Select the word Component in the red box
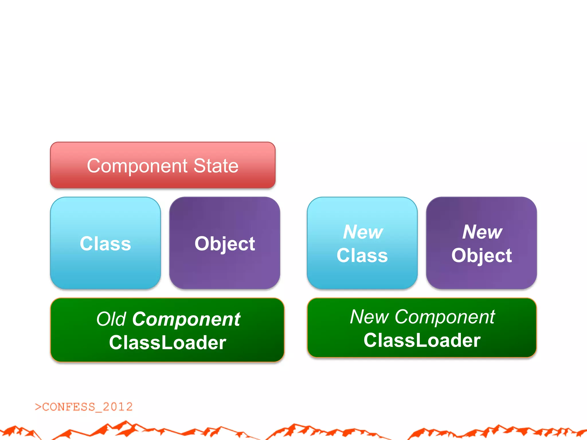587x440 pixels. [137, 166]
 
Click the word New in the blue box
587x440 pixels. [363, 232]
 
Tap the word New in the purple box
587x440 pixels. [482, 232]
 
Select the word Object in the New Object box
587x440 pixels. [482, 256]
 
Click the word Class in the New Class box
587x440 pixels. [362, 256]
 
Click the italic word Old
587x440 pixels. [111, 319]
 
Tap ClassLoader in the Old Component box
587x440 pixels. [168, 343]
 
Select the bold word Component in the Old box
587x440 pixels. [186, 319]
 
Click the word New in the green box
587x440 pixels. [369, 317]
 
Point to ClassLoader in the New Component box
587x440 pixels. [422, 340]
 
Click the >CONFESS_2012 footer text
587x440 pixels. [84, 407]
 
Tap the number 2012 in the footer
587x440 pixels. [118, 407]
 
